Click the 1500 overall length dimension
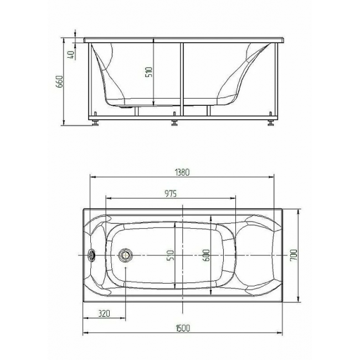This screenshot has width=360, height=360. click(x=183, y=328)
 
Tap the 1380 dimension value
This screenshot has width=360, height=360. click(x=182, y=172)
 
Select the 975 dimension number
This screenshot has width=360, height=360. click(x=171, y=193)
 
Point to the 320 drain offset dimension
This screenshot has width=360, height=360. click(x=104, y=313)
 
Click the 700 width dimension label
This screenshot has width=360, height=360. click(x=294, y=255)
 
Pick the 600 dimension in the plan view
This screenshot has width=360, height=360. click(x=206, y=255)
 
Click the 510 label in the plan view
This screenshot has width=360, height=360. click(x=171, y=255)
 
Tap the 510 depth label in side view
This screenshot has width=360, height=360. click(x=148, y=72)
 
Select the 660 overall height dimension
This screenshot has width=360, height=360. click(x=60, y=81)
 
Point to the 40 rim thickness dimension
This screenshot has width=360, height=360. click(x=71, y=55)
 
